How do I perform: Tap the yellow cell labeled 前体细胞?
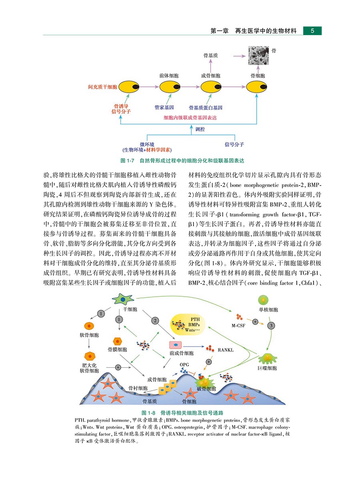pos(168,86)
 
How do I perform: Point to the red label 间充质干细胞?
pos(102,86)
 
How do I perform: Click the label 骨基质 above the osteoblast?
pos(209,56)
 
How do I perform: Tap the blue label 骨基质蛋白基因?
pos(205,108)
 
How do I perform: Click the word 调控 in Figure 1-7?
pos(200,130)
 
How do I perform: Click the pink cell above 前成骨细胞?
pos(175,344)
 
